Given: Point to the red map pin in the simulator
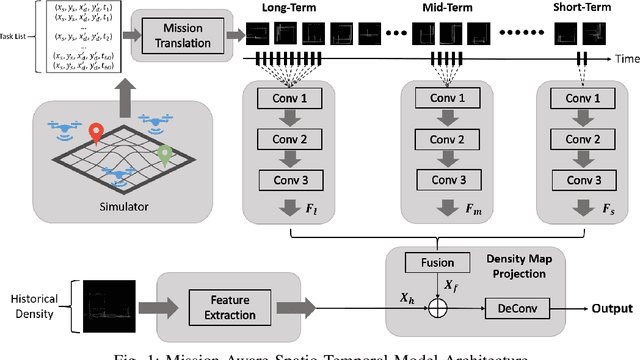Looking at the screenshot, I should (97, 133).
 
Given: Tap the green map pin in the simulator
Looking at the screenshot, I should (165, 156).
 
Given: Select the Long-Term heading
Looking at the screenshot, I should (289, 8).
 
